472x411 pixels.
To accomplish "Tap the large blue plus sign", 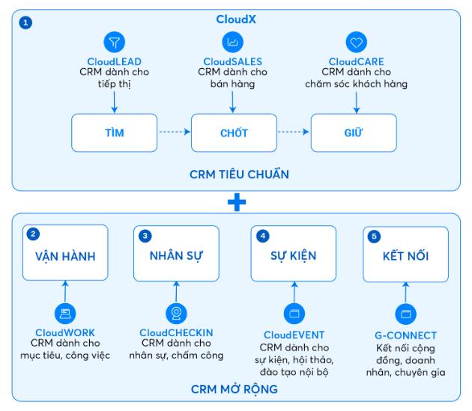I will click(x=236, y=201).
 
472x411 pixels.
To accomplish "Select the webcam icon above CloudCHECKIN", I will click(x=176, y=313).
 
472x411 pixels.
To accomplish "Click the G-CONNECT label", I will click(x=405, y=335).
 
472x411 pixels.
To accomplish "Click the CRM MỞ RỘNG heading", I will click(x=235, y=392).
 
